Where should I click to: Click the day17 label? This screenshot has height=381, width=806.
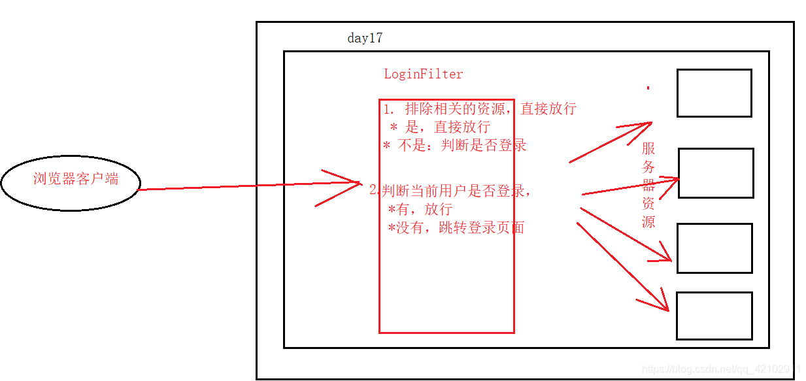(x=365, y=39)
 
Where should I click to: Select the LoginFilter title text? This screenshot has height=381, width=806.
(x=423, y=75)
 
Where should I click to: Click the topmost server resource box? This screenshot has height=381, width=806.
(x=714, y=93)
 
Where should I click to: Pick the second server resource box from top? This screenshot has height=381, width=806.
(x=716, y=173)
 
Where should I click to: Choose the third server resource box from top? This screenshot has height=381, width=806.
(x=714, y=248)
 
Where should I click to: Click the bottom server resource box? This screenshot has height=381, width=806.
(x=714, y=316)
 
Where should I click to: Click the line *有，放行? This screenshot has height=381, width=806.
(x=419, y=209)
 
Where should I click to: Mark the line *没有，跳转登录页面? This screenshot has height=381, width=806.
(x=456, y=228)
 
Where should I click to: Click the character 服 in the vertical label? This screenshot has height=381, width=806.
(x=648, y=148)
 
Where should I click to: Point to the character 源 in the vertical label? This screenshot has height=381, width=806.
(x=648, y=222)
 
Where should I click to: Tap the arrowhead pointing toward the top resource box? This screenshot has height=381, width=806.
(x=643, y=125)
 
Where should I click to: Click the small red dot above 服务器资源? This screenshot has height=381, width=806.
(x=648, y=88)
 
